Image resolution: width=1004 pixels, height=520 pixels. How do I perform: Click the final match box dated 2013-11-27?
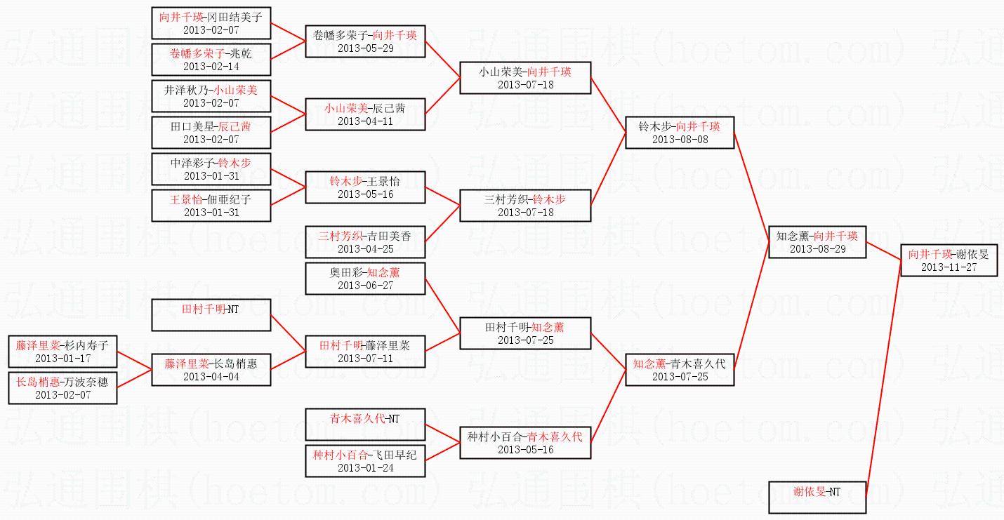tap(949, 260)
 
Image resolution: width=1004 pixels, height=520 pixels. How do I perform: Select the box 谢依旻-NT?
tap(817, 498)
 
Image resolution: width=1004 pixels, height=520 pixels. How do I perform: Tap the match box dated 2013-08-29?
tap(817, 242)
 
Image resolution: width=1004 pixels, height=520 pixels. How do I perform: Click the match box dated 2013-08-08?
tap(679, 133)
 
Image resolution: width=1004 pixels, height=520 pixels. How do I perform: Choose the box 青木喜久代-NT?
tap(365, 425)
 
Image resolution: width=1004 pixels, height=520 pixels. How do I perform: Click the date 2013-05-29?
tap(365, 48)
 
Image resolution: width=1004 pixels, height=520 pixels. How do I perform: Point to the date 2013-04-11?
tap(365, 121)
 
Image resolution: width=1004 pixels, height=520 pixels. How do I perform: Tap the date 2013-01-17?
tap(62, 358)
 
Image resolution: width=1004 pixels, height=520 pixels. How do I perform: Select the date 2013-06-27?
tap(365, 285)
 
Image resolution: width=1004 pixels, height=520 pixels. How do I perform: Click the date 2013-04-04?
tap(211, 376)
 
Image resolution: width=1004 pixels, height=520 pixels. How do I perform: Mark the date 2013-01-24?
tap(365, 467)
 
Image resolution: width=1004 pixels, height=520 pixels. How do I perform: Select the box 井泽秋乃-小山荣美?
tap(211, 96)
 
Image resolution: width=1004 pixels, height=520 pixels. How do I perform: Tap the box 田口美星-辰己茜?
tap(211, 133)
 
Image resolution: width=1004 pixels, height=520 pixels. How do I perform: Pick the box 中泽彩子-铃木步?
tap(211, 169)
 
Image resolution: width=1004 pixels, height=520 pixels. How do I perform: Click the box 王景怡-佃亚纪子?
tap(211, 206)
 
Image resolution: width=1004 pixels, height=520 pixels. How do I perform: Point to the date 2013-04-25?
tap(365, 248)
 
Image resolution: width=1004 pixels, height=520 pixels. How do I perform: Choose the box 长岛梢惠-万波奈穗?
tap(62, 388)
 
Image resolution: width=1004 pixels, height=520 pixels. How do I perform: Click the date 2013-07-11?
tap(365, 358)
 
